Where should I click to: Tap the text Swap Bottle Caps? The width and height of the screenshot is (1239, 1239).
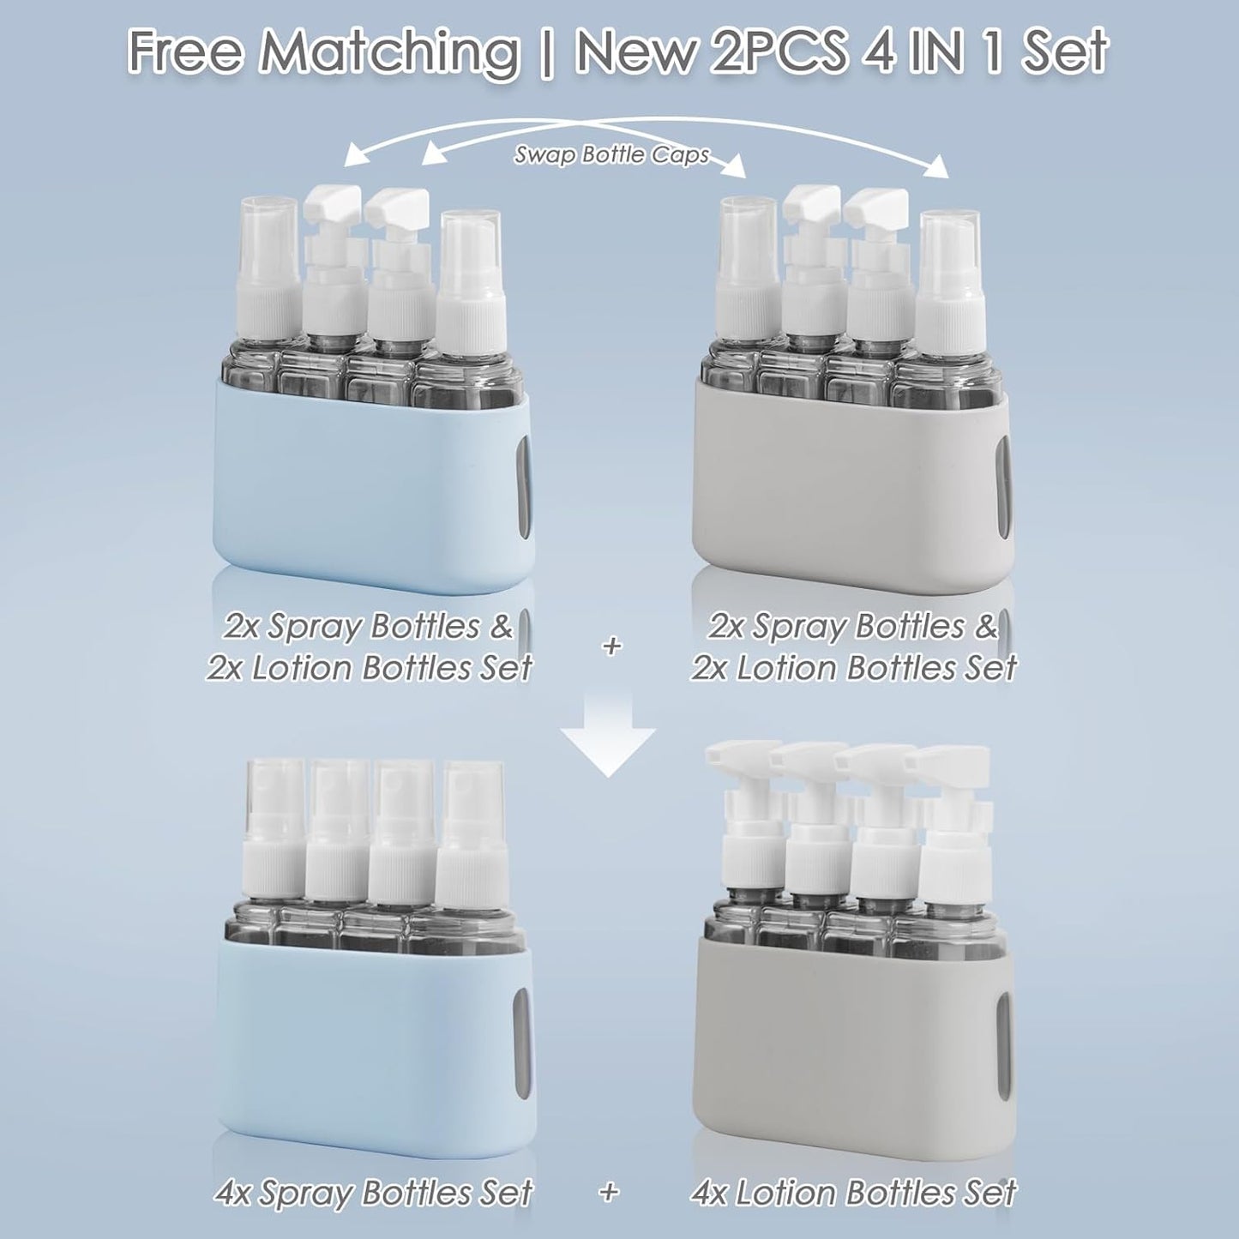click(x=611, y=155)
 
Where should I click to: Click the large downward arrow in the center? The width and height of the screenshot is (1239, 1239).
click(x=608, y=737)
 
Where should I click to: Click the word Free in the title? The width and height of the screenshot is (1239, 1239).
click(x=187, y=50)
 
